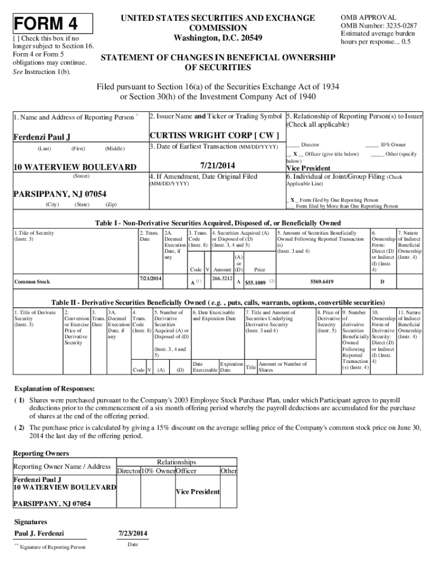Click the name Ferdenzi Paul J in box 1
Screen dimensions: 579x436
point(42,137)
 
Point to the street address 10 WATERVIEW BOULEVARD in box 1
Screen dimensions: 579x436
point(74,167)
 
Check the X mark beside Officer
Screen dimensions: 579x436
point(295,154)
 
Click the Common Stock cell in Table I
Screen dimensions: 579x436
point(32,281)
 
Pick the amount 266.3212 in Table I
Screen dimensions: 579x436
point(223,278)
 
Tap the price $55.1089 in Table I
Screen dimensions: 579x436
point(255,282)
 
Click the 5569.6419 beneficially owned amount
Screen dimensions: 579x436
point(322,281)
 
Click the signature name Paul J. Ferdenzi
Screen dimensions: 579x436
point(39,533)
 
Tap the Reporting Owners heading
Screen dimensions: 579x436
point(41,453)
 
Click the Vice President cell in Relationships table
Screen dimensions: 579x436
point(197,492)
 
